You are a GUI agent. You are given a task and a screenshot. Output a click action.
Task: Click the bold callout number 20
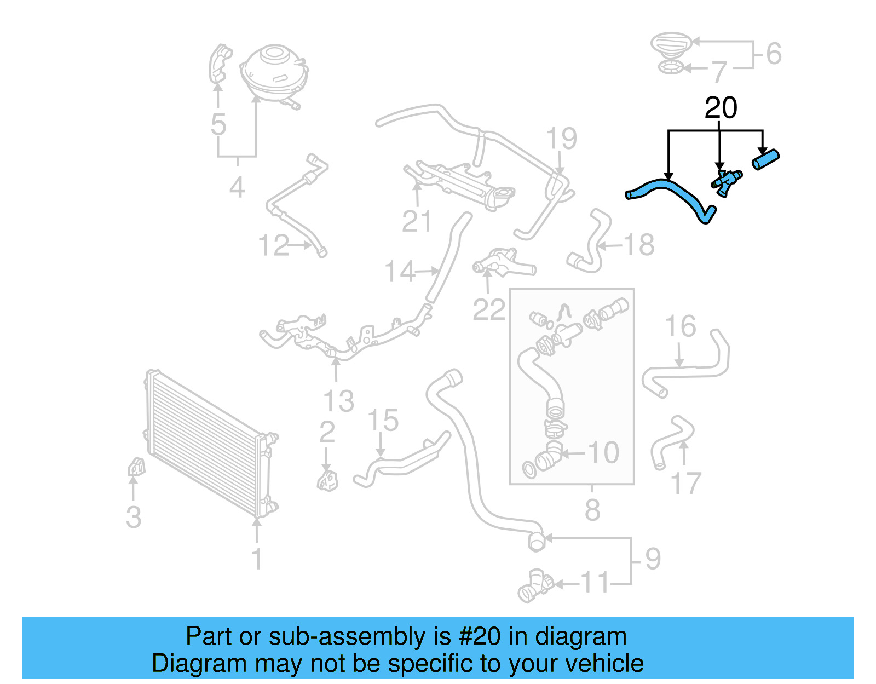721,108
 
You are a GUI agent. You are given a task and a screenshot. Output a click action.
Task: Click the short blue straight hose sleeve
765,159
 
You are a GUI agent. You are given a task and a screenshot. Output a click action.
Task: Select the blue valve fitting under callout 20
727,183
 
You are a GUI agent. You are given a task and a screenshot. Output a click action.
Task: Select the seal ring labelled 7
671,67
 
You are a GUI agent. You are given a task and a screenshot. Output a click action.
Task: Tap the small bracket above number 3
136,467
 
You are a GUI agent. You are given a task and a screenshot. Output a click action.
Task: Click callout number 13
338,401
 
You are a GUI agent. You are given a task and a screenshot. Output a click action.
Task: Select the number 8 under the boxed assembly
592,510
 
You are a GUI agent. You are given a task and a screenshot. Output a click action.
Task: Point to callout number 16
680,326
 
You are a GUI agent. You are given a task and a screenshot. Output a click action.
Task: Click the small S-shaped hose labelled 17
672,442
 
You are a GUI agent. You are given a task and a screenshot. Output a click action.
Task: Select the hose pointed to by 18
589,241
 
